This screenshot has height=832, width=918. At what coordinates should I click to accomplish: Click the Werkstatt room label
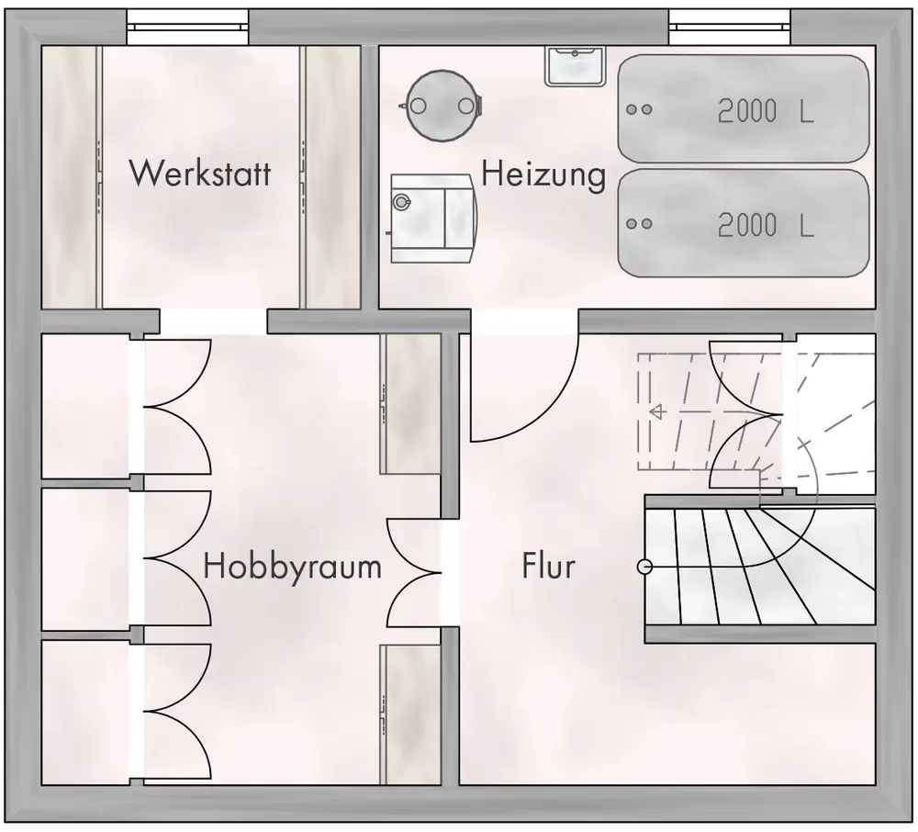(200, 173)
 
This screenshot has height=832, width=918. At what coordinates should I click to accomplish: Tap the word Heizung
(543, 174)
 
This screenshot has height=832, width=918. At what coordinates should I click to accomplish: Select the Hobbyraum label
(292, 566)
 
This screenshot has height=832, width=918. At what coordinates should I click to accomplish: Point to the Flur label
(548, 566)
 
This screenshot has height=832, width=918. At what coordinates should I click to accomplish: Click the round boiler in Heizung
(442, 104)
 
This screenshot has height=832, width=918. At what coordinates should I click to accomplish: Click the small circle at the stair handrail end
(644, 568)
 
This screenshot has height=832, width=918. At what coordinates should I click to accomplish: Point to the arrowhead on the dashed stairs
(656, 412)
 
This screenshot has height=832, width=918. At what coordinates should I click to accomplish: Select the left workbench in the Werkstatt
(71, 177)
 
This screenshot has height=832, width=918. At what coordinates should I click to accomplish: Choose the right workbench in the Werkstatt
(331, 177)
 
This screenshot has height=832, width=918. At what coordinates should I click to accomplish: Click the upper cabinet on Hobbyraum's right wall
(410, 403)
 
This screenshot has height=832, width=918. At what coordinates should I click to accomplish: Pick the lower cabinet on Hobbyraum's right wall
(410, 714)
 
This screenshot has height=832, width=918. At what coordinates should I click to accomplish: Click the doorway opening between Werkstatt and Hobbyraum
(213, 322)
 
